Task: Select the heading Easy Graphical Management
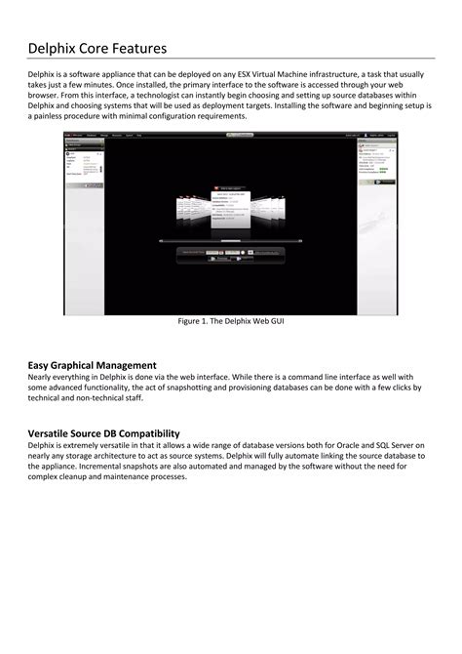(92, 364)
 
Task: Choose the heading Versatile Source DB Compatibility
(103, 432)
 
